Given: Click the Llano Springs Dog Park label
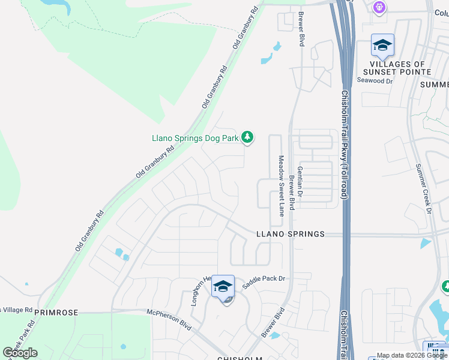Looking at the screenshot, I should [x=194, y=138].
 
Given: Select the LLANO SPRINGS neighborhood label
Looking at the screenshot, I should [x=291, y=234].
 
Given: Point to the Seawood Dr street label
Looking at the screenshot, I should [x=375, y=80].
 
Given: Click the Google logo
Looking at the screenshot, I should [x=20, y=352].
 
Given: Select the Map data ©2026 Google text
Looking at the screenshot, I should [x=412, y=355].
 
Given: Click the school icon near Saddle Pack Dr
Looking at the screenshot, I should [x=223, y=286].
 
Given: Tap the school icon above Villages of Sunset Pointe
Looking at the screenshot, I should [x=382, y=45].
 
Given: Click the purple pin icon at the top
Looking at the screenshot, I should [x=379, y=8].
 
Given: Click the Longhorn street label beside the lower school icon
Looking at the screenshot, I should [x=200, y=292].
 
